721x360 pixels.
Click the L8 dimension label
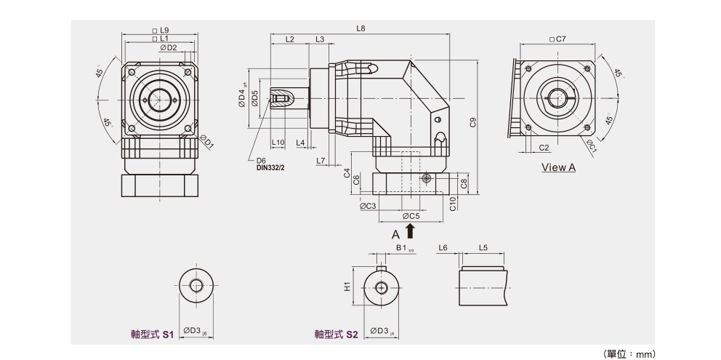point(360,29)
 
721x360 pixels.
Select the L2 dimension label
point(289,39)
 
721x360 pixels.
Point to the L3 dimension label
point(320,39)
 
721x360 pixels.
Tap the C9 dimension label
point(473,122)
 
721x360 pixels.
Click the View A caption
point(558,167)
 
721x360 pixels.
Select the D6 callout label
point(261,160)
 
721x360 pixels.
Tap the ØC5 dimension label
point(411,216)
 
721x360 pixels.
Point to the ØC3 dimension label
point(368,206)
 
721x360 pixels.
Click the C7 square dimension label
point(558,39)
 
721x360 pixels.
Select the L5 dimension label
point(483,248)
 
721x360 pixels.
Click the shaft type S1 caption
point(148,335)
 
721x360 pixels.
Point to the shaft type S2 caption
point(337,335)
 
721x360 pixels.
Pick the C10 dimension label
point(452,204)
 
